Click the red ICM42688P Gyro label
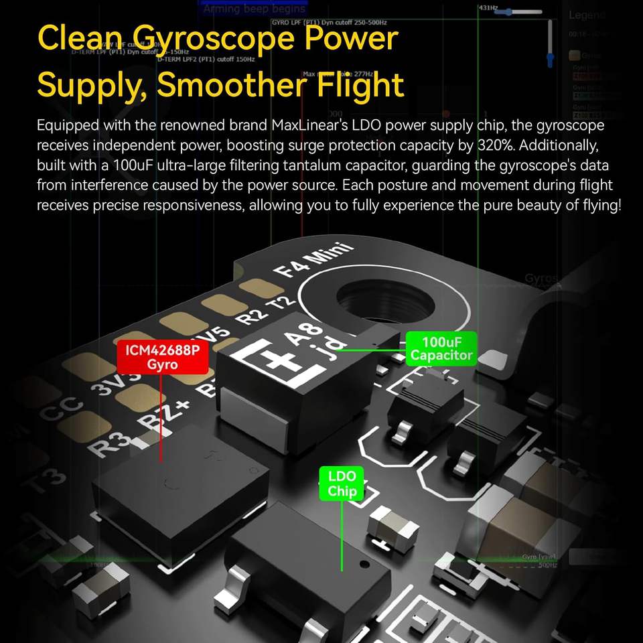click(162, 357)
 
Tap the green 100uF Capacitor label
click(441, 348)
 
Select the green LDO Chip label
click(342, 484)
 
